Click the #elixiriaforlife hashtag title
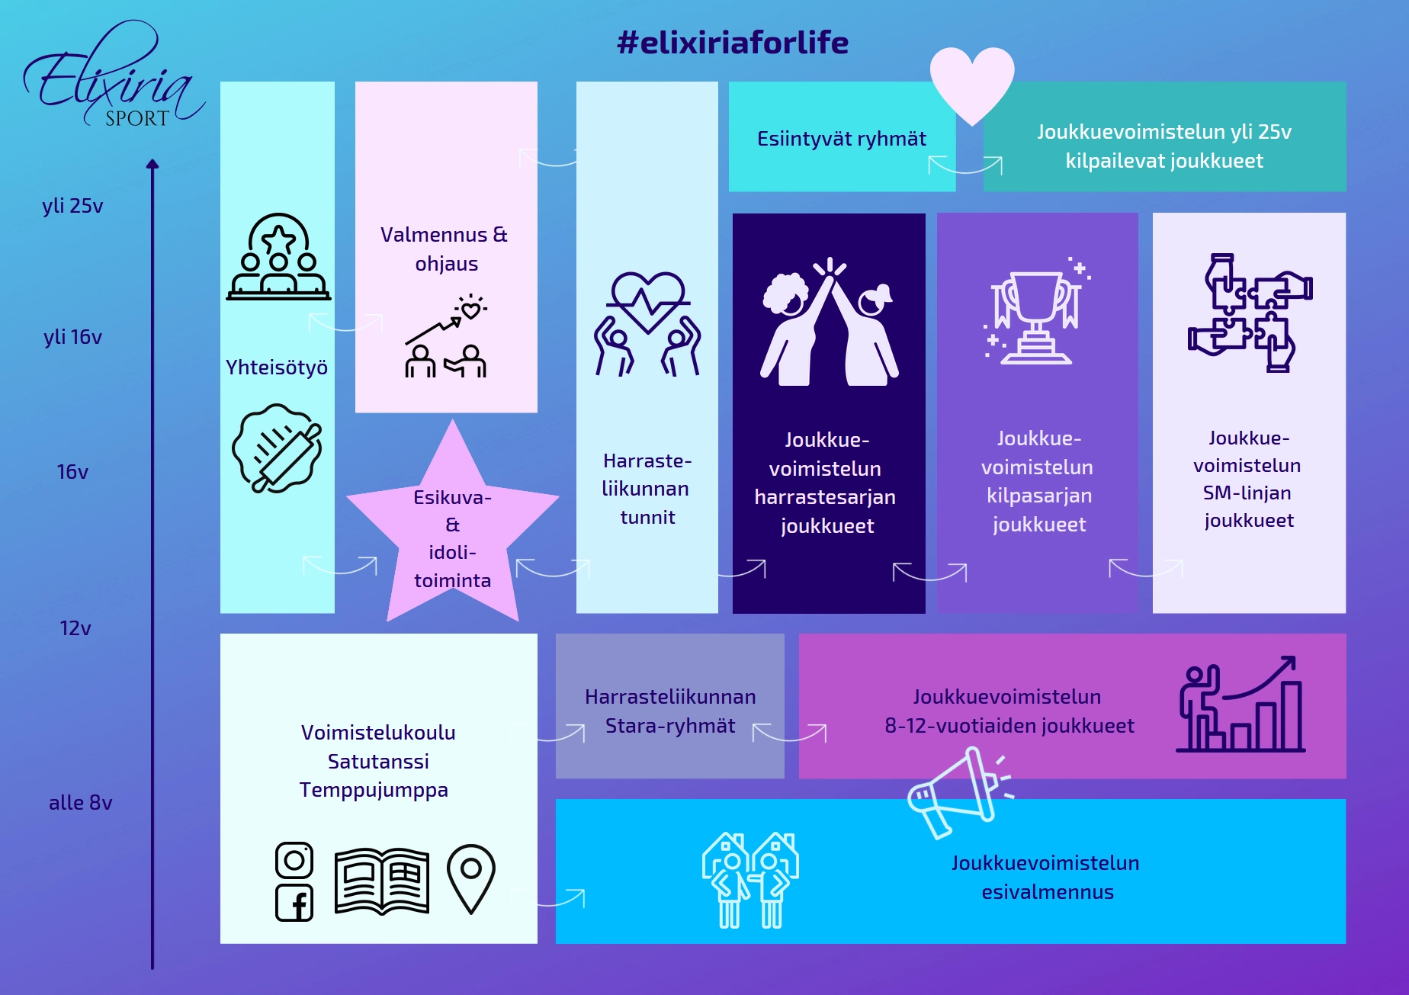coord(732,43)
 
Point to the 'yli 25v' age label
coord(72,206)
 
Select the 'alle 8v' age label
coord(80,802)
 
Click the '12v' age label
coord(75,627)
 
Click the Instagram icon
coord(294,861)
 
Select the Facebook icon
coord(294,904)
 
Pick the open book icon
coord(382,881)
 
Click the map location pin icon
coord(471,878)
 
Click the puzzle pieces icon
coord(1249,313)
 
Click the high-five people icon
coord(830,322)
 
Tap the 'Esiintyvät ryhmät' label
coord(841,139)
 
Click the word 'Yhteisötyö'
coord(277,368)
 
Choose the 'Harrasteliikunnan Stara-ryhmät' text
coord(670,711)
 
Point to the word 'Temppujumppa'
coord(374,790)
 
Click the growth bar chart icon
coord(1240,705)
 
